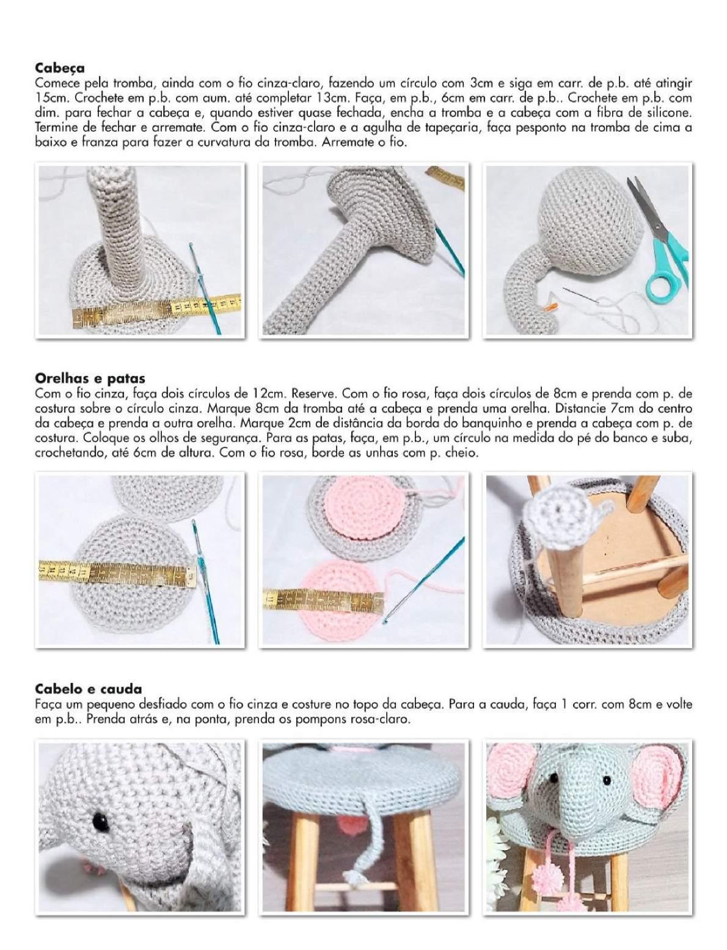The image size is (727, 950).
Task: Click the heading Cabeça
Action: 60,67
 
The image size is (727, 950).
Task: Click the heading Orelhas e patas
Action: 90,378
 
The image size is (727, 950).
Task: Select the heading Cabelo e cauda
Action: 88,691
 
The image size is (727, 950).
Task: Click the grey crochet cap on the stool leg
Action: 553,510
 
